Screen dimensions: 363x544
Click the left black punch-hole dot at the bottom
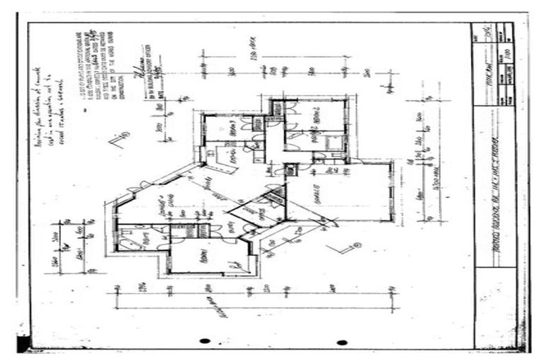205,341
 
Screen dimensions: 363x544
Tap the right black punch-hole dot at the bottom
342,342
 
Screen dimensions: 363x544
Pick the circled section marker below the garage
356,246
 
